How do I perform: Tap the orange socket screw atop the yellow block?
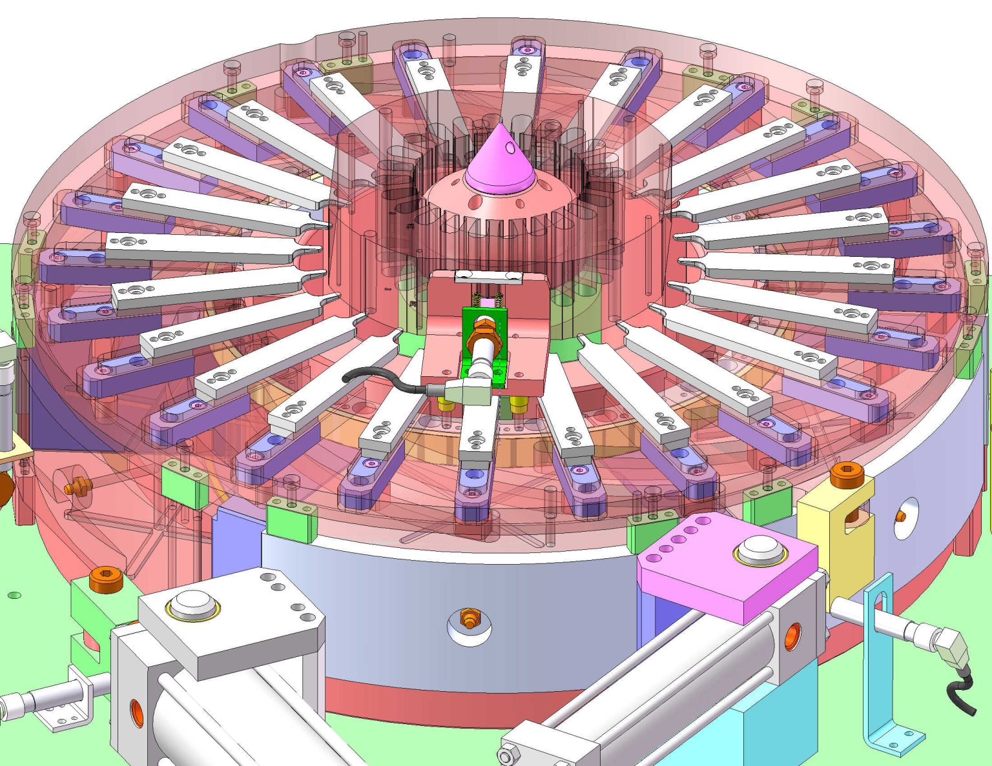coord(847,474)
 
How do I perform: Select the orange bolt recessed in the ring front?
coord(470,620)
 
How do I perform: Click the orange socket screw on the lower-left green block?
coord(106,578)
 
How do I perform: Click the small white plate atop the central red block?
coord(488,277)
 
